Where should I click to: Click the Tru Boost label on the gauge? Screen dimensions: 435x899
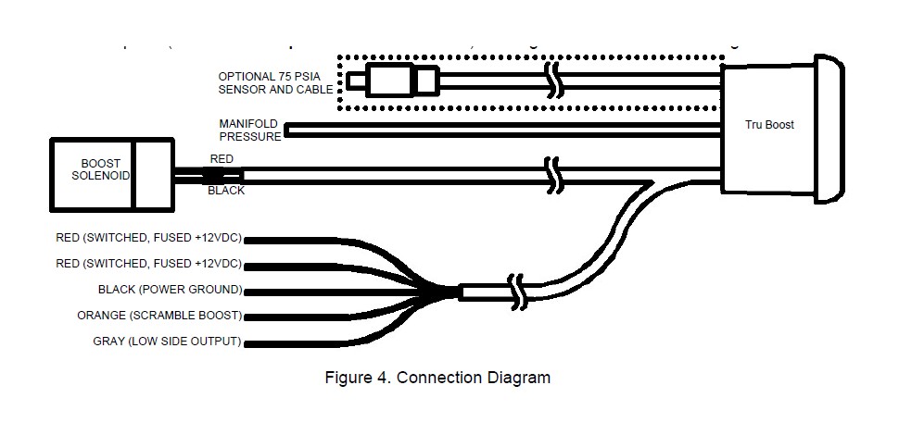click(769, 125)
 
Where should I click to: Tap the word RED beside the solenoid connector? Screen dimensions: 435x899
click(222, 159)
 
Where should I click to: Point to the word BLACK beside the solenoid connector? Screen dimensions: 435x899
click(226, 191)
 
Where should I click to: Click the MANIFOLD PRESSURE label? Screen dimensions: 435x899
click(249, 130)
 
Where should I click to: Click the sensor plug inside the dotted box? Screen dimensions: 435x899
click(401, 81)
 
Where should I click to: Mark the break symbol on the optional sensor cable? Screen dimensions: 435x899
click(553, 81)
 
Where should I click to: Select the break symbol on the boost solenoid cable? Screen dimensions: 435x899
click(553, 174)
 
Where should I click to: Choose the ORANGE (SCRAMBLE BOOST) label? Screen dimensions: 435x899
click(159, 316)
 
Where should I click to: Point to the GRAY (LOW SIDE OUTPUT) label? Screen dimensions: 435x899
click(167, 342)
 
